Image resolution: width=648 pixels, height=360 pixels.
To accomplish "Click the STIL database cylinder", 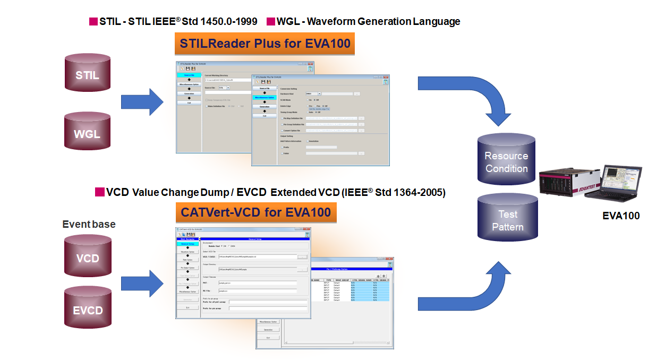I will [x=87, y=75].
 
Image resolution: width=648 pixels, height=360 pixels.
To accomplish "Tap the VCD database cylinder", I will [x=88, y=258].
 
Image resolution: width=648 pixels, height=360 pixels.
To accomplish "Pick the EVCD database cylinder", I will [x=88, y=310].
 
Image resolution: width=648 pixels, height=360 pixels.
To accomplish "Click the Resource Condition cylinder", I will [x=506, y=162].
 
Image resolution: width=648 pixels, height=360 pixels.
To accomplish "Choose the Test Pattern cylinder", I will [x=507, y=220].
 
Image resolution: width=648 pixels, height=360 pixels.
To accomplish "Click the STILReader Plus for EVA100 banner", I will [x=265, y=44].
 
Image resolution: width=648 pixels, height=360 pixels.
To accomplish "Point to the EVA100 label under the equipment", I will [x=621, y=216].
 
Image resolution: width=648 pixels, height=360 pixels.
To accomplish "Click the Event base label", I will [x=89, y=225].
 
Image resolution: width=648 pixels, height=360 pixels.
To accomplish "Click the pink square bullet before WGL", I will [x=270, y=22].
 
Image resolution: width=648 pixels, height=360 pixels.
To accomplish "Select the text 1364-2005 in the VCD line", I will [x=420, y=192].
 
